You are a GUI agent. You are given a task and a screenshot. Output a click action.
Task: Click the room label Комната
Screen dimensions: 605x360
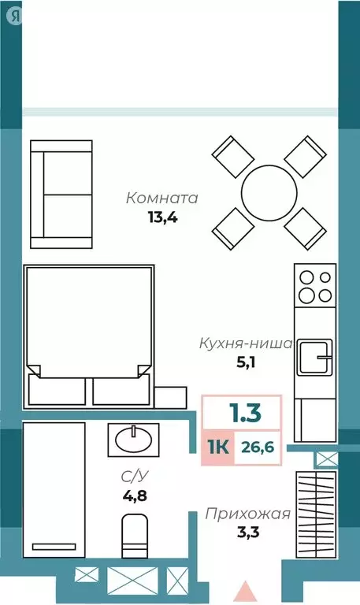coord(162,198)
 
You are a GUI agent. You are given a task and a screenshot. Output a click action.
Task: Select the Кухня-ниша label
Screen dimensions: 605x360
coord(245,343)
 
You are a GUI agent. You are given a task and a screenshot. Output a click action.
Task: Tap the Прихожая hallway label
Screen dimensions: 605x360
coord(248,514)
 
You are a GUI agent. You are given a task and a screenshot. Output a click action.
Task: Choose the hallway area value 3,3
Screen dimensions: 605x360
coord(248,534)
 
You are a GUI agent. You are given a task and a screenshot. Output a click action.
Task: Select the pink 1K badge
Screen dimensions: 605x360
coord(218,448)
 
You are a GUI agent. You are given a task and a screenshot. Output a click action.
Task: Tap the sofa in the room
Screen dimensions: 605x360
coord(61,194)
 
